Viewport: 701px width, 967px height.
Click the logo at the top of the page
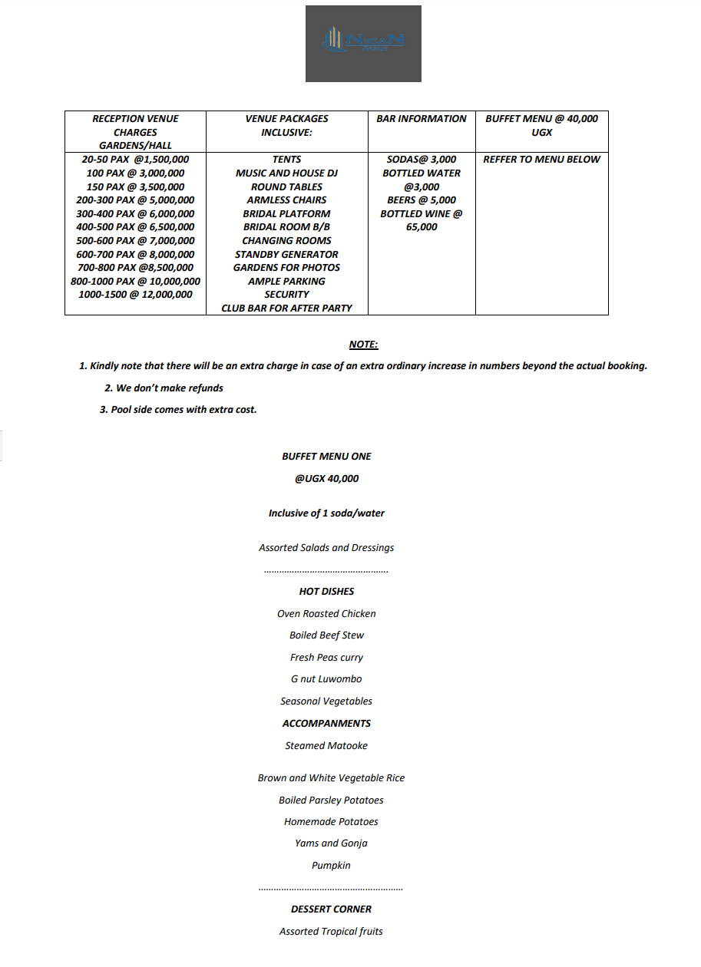363,43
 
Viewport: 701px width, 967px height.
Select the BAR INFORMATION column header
422,119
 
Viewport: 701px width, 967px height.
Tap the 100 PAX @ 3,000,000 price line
135,173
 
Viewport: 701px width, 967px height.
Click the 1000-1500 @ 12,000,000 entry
135,295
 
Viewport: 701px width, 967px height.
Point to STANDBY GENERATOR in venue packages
286,254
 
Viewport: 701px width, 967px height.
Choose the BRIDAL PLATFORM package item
286,214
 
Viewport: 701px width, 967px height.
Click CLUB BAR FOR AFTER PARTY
286,308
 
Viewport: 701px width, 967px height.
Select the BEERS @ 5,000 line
422,200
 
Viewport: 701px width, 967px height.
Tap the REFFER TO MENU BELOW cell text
541,160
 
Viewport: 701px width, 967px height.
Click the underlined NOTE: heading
363,345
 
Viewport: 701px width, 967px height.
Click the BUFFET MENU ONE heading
326,456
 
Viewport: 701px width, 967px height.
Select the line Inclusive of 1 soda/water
326,513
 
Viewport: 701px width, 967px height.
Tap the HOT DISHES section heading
326,591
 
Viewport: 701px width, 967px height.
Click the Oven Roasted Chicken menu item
326,613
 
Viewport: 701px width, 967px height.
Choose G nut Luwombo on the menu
326,678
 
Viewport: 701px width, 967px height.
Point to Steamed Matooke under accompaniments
326,745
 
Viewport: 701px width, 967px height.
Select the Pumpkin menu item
331,865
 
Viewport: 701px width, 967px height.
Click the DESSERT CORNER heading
331,909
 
